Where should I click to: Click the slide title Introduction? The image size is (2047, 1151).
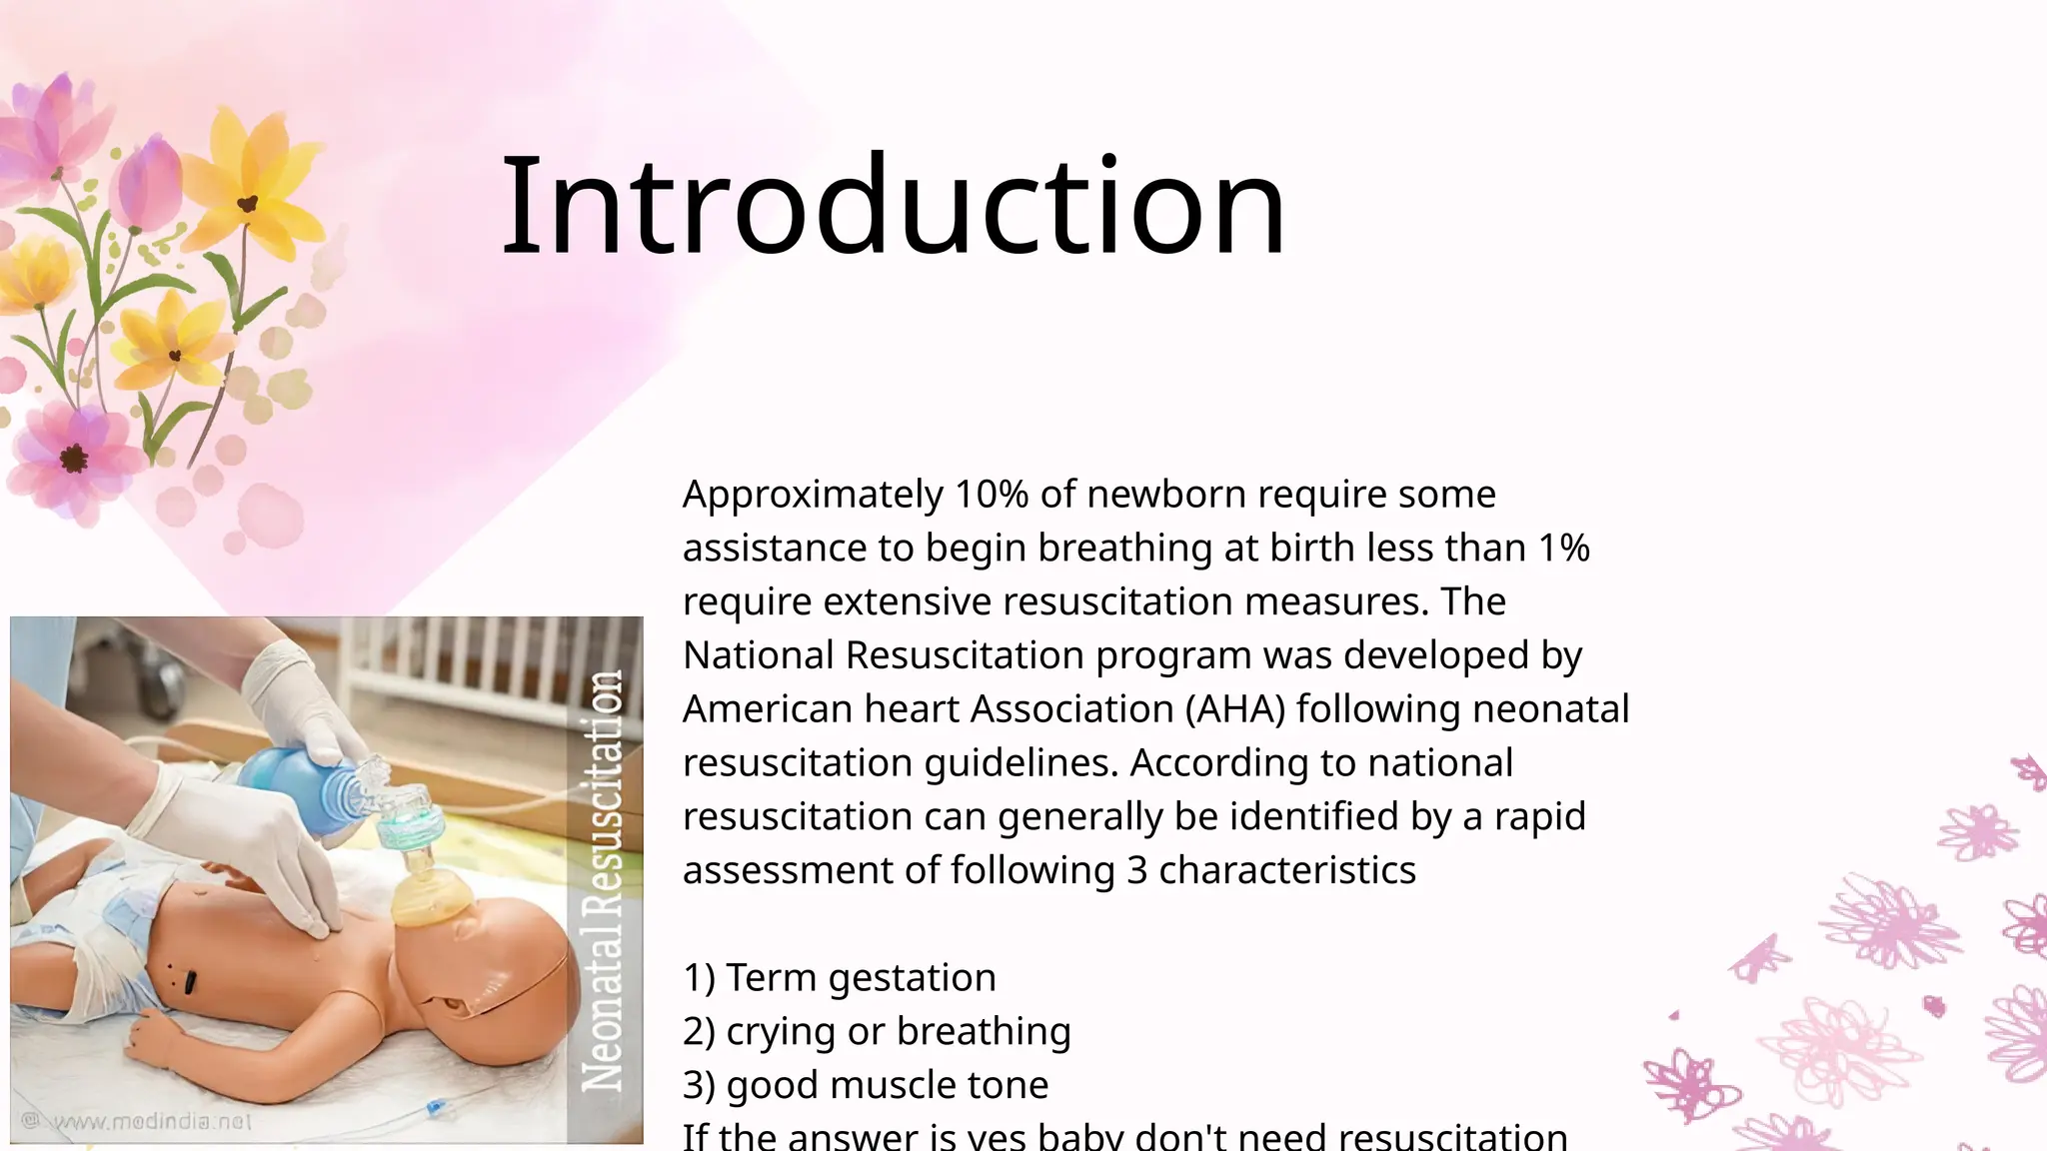coord(893,207)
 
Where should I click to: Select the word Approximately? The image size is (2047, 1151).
coord(813,495)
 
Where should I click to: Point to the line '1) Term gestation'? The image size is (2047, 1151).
coord(840,977)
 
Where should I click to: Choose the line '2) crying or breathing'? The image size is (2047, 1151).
coord(877,1031)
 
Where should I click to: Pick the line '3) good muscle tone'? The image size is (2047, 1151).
coord(866,1085)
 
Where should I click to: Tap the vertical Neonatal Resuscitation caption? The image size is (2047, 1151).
coord(604,879)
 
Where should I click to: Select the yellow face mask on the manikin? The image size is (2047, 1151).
coord(430,894)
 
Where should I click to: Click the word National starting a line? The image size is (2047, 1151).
coord(758,655)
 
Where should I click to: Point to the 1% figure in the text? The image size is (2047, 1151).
coord(1564,549)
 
